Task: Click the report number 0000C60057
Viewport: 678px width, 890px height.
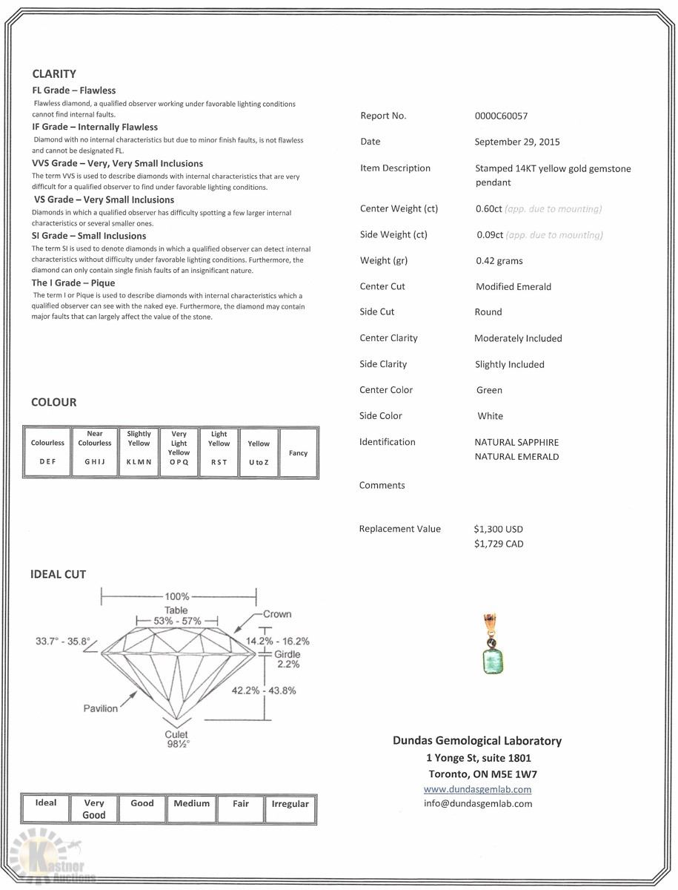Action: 501,116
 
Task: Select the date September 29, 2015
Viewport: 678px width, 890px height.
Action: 517,142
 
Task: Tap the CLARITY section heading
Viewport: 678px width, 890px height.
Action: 54,74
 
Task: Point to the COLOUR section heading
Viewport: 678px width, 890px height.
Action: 53,402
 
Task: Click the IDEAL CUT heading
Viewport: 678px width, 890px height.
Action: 58,574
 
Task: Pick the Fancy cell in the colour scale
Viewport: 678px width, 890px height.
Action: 298,452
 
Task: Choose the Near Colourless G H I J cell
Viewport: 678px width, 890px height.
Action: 95,452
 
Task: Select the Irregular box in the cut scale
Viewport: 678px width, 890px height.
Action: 290,808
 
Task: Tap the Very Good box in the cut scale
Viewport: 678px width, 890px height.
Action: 94,808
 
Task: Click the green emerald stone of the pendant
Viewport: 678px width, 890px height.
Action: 491,659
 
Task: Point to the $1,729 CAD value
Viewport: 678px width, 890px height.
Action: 498,544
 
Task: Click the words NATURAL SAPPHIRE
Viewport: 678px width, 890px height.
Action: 516,442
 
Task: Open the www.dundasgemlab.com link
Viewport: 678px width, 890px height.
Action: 477,789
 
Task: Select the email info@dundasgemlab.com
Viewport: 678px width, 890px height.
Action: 477,803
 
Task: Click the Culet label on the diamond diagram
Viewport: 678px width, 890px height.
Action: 176,735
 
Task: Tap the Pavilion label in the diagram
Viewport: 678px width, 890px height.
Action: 100,708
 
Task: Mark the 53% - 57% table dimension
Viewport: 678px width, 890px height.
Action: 176,620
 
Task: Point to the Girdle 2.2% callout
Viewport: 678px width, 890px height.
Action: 288,659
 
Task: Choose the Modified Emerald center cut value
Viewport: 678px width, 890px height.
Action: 514,286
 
